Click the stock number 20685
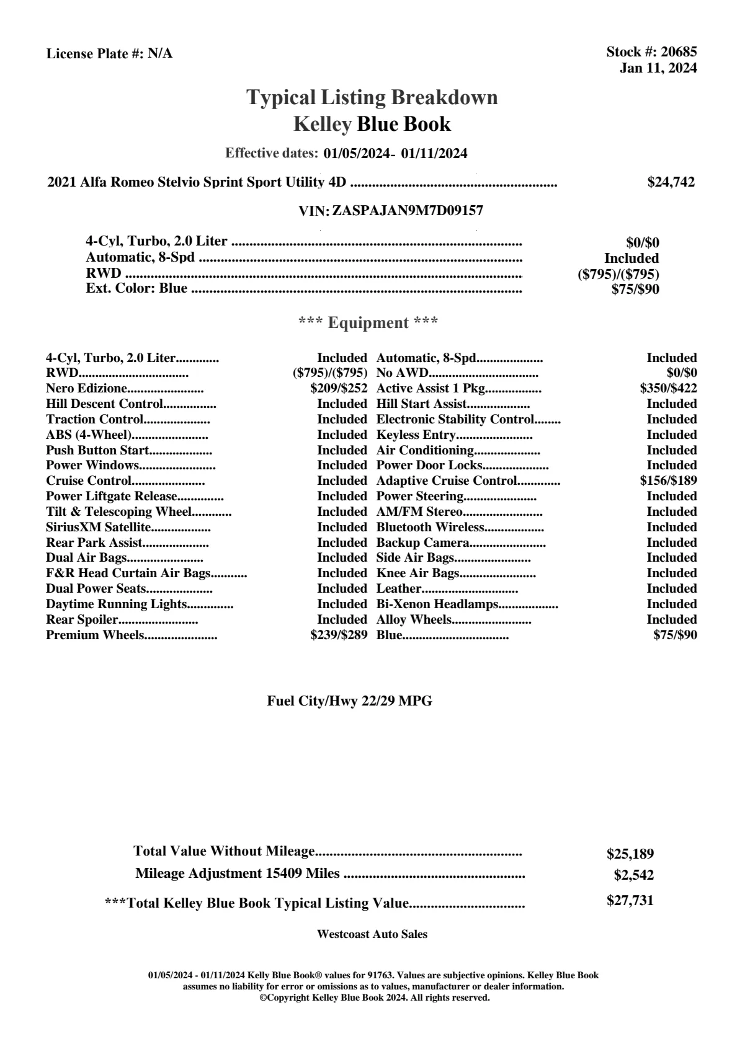pyautogui.click(x=679, y=53)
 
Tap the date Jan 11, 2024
pyautogui.click(x=658, y=68)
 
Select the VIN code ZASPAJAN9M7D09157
pyautogui.click(x=408, y=211)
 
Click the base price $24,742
pyautogui.click(x=671, y=182)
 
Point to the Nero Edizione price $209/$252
pyautogui.click(x=339, y=389)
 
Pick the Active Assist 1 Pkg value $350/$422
pyautogui.click(x=668, y=389)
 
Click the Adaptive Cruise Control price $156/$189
pyautogui.click(x=668, y=480)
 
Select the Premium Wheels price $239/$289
pyautogui.click(x=339, y=635)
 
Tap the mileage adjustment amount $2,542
pyautogui.click(x=633, y=875)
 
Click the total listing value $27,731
pyautogui.click(x=630, y=901)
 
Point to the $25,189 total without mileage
pyautogui.click(x=630, y=854)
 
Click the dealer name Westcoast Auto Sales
pyautogui.click(x=372, y=934)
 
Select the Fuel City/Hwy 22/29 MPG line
pyautogui.click(x=349, y=701)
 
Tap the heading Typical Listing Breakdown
pyautogui.click(x=372, y=97)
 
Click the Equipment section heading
pyautogui.click(x=368, y=323)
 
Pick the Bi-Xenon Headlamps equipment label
pyautogui.click(x=437, y=604)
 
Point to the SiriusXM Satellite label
pyautogui.click(x=98, y=528)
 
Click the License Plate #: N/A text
pyautogui.click(x=109, y=54)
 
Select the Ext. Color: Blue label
pyautogui.click(x=136, y=288)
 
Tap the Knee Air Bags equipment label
pyautogui.click(x=417, y=573)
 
